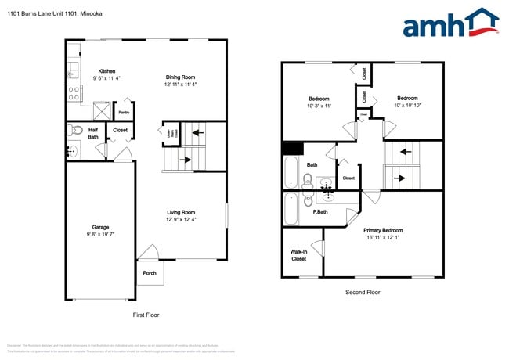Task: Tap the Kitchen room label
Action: click(x=106, y=71)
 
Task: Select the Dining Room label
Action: click(x=180, y=77)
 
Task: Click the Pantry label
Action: click(x=124, y=112)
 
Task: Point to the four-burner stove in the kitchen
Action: click(x=74, y=94)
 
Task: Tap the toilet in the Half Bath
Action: click(x=74, y=130)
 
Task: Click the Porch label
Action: click(x=149, y=273)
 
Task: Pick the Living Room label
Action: click(x=180, y=212)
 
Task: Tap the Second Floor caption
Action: click(x=363, y=292)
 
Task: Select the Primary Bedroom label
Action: click(x=383, y=230)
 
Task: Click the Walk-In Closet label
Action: click(x=298, y=255)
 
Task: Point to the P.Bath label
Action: click(x=320, y=212)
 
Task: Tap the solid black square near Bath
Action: click(x=293, y=149)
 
